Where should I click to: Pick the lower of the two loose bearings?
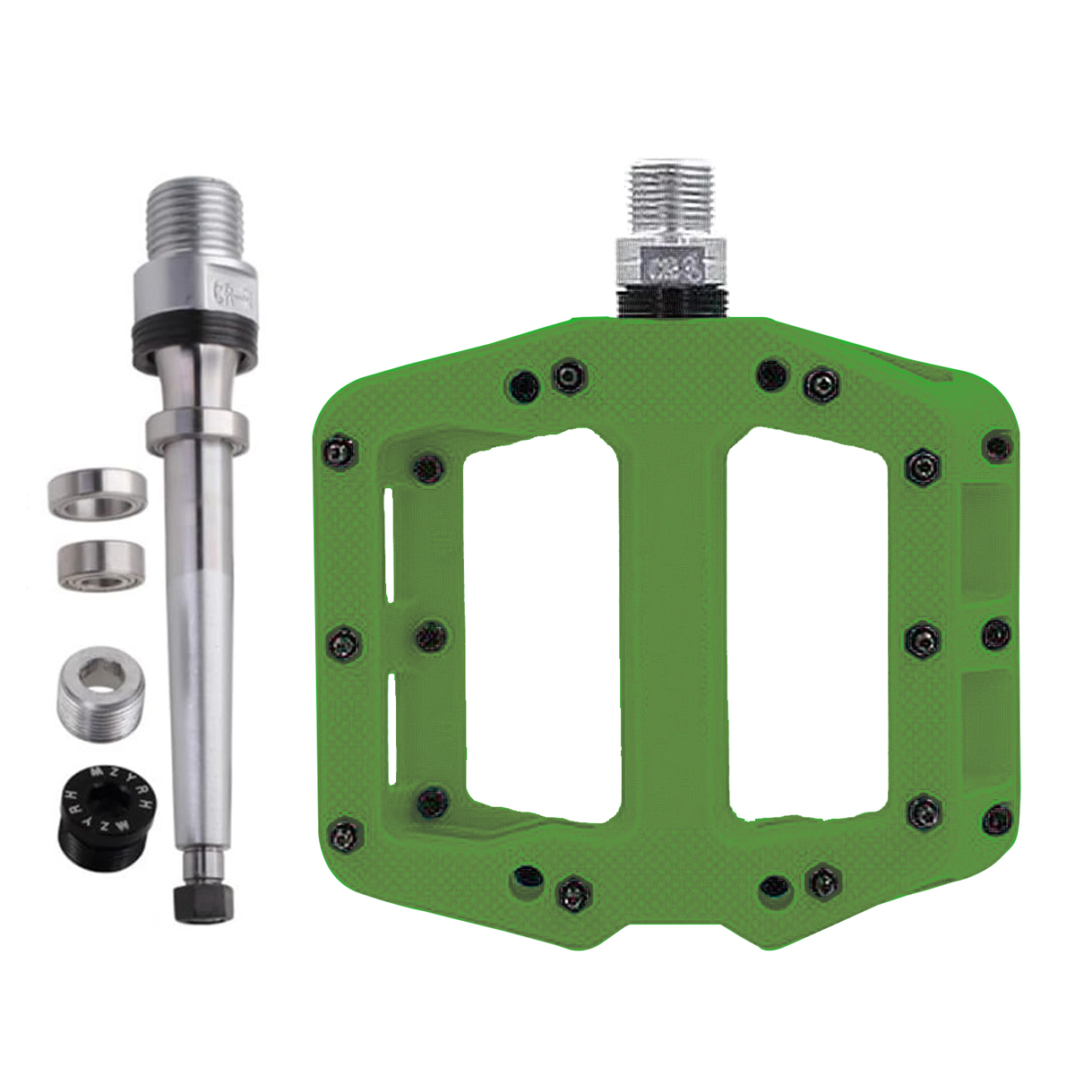(101, 564)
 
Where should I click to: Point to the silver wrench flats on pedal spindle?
(670, 263)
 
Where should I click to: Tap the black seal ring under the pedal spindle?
(670, 304)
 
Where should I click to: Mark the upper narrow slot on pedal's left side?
(388, 546)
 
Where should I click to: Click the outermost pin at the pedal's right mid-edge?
(996, 634)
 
